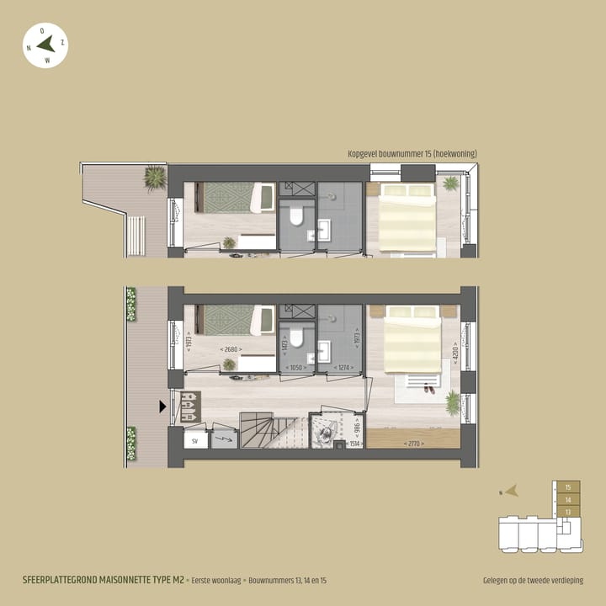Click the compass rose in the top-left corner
45,45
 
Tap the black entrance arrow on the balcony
162,407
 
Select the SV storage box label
194,439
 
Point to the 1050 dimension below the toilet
295,368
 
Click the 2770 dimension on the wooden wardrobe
412,444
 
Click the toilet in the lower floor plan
295,342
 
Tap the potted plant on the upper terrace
155,178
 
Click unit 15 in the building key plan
569,487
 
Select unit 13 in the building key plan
569,511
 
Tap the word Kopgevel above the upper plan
364,154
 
